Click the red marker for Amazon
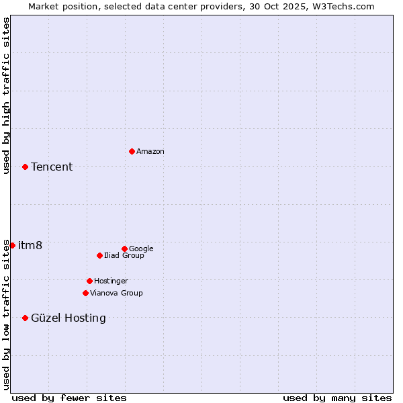point(132,151)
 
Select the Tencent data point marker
point(25,167)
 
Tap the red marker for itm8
point(12,245)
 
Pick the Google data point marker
point(124,249)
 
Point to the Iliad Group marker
point(99,255)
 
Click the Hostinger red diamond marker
point(89,281)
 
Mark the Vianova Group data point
point(85,293)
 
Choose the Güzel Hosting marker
point(25,318)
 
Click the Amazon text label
point(150,152)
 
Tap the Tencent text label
point(52,167)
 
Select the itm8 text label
point(30,246)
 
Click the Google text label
point(141,249)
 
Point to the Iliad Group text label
point(124,256)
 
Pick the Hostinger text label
point(111,281)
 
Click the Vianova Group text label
point(116,294)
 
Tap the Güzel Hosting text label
point(69,318)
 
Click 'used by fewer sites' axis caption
point(69,398)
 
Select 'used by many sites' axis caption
point(337,398)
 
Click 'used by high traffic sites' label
point(6,95)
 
